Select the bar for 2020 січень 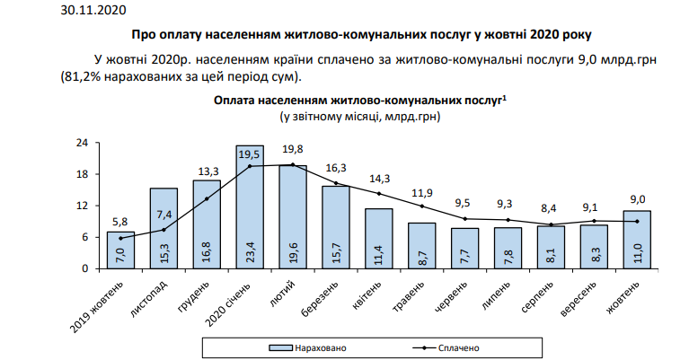point(249,206)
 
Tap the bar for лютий point(292,216)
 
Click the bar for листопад point(163,228)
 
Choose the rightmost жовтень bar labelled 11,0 point(636,239)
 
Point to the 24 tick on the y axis point(80,143)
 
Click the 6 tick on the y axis point(83,237)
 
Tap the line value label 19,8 point(293,150)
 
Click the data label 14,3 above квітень point(379,178)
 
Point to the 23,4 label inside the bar point(250,250)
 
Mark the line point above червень point(464,219)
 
